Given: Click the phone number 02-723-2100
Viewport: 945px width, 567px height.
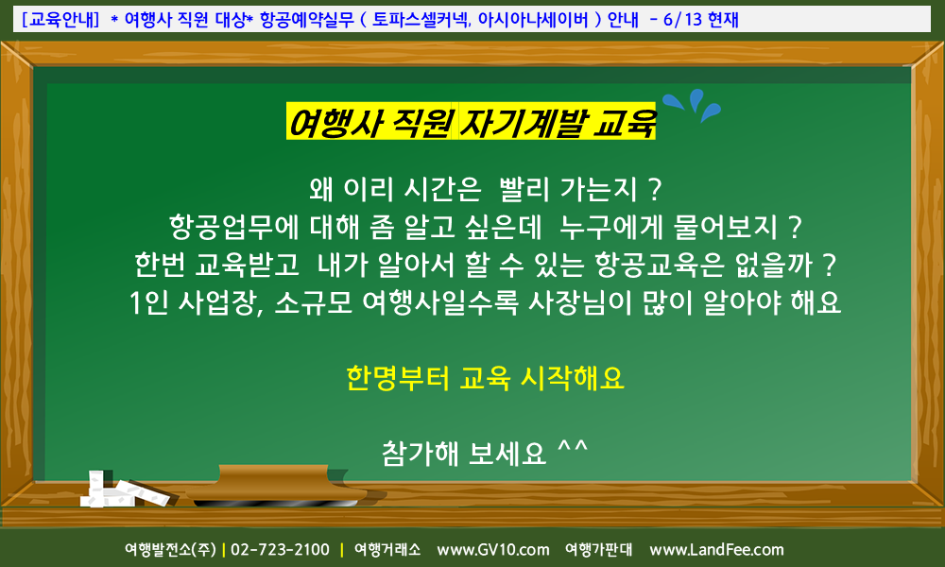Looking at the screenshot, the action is pyautogui.click(x=281, y=550).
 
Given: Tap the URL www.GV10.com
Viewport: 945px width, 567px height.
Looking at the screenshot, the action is pyautogui.click(x=493, y=550).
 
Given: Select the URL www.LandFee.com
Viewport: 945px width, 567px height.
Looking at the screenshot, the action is pyautogui.click(x=716, y=550).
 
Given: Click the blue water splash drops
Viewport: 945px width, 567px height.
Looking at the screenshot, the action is pyautogui.click(x=692, y=105).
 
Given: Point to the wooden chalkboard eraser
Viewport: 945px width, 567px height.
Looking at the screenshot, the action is pyautogui.click(x=277, y=484).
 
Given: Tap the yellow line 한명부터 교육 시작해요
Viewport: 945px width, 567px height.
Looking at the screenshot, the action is pyautogui.click(x=485, y=378).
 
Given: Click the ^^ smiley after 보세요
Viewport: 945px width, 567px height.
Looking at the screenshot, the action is pyautogui.click(x=573, y=448).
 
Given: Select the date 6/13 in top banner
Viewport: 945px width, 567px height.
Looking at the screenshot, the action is pyautogui.click(x=683, y=19).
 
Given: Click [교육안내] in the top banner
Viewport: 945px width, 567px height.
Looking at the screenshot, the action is pyautogui.click(x=60, y=19).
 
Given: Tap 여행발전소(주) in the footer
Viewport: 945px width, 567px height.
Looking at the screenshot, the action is pyautogui.click(x=170, y=550).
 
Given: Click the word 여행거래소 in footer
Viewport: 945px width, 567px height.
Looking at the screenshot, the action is pyautogui.click(x=387, y=550).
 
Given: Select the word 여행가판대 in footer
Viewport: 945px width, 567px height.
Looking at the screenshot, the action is pyautogui.click(x=598, y=550).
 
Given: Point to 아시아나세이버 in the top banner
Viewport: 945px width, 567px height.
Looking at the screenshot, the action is pyautogui.click(x=533, y=19).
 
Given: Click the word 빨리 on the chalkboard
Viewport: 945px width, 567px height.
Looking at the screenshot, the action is pyautogui.click(x=524, y=189).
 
